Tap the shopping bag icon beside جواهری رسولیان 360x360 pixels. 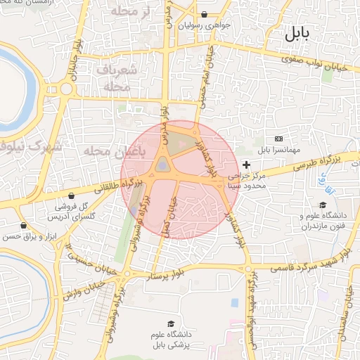[x=204, y=14]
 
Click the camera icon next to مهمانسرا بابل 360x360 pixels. [x=279, y=139]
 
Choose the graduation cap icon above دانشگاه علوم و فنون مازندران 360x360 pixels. [x=323, y=205]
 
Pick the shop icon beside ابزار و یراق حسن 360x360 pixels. [x=25, y=226]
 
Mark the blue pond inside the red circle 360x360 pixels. [x=162, y=166]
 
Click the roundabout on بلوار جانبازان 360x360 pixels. [x=67, y=89]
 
